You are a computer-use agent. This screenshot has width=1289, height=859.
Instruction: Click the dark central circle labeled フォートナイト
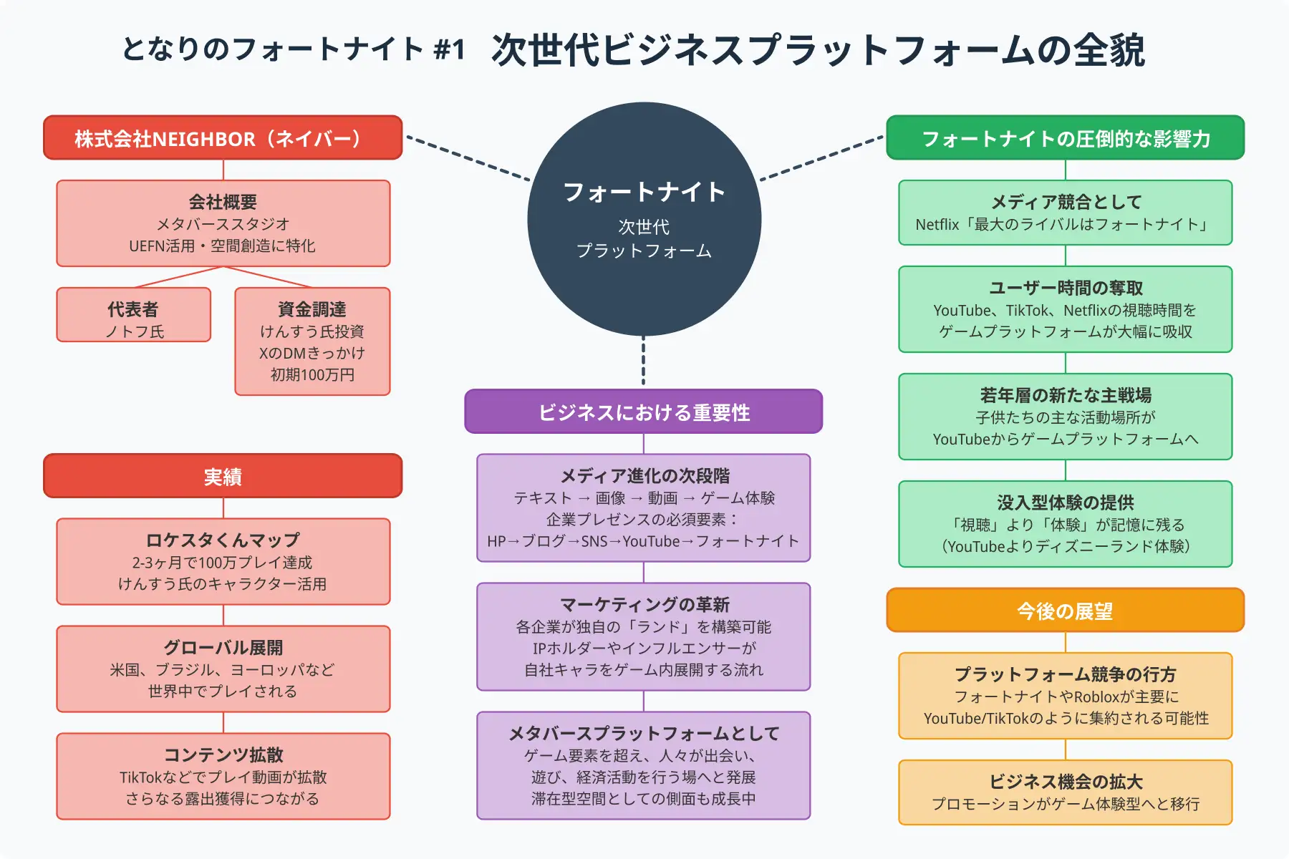point(644,218)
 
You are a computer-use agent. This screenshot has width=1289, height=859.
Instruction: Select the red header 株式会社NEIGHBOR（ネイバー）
point(223,137)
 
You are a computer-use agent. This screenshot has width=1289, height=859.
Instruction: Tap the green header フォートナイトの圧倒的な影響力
point(1065,137)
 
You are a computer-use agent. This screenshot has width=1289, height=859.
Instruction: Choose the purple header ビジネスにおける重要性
point(643,412)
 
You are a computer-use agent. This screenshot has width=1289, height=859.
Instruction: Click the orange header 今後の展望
point(1065,610)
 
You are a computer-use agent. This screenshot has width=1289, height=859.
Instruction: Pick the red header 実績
point(223,475)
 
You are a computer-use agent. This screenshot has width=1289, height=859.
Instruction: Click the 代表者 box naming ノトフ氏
point(134,315)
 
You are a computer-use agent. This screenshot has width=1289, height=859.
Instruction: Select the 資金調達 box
point(312,341)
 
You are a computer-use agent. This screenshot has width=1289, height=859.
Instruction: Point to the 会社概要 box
point(223,223)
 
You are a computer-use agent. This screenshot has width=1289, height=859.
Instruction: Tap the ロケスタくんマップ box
point(223,561)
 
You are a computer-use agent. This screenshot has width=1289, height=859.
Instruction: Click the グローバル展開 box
point(223,669)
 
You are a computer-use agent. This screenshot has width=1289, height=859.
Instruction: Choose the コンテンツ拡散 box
point(223,776)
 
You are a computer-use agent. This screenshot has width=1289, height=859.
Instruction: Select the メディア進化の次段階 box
point(643,508)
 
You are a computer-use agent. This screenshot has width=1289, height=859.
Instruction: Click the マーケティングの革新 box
point(643,636)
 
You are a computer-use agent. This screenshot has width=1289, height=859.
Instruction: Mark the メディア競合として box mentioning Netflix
point(1065,213)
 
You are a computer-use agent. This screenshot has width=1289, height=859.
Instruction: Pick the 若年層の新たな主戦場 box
point(1065,417)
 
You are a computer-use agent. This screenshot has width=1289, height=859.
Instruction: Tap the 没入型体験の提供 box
point(1065,524)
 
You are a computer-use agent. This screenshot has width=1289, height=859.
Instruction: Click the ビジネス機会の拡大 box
point(1065,792)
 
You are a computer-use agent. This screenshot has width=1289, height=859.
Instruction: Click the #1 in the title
point(449,50)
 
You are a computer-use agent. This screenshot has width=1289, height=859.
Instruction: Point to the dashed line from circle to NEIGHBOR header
point(468,157)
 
